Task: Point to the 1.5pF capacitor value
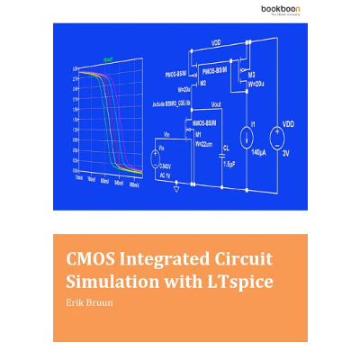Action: [x=229, y=164]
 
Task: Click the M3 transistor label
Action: [x=251, y=74]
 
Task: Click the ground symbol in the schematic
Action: [x=176, y=188]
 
